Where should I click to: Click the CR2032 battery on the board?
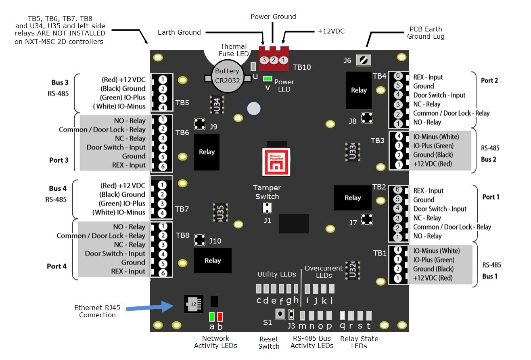227,76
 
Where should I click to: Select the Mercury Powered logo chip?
276,161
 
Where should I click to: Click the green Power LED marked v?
267,79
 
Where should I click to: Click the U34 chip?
217,104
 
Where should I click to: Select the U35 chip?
220,212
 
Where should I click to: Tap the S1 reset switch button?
279,313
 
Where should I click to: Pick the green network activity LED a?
212,316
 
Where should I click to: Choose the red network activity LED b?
220,316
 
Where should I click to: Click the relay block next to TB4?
358,91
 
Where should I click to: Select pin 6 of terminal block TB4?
398,76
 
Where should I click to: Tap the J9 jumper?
199,123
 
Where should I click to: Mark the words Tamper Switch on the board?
267,192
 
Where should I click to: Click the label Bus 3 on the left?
60,83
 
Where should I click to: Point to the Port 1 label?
491,197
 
